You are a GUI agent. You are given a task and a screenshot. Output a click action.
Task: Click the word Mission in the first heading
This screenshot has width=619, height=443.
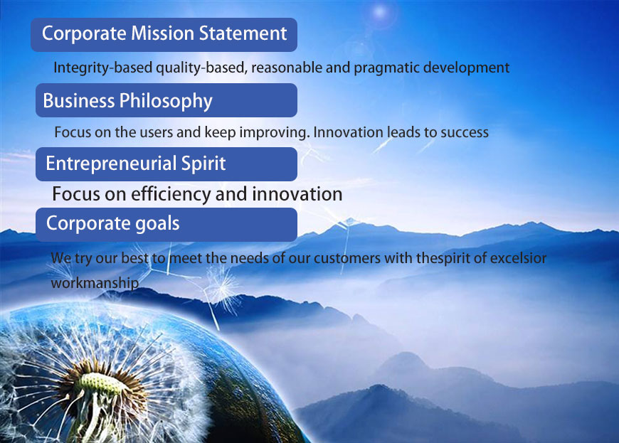162,33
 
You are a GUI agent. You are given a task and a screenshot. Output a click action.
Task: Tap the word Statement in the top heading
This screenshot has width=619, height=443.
243,33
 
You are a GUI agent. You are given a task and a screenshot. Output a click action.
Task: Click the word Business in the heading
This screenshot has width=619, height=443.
78,100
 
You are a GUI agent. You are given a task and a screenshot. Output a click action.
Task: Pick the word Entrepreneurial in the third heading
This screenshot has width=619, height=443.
111,164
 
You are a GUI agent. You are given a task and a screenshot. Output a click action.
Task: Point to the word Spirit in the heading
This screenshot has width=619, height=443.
203,164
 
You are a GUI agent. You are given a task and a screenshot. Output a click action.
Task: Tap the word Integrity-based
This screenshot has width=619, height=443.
103,68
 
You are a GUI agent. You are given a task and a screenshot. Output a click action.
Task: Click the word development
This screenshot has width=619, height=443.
466,68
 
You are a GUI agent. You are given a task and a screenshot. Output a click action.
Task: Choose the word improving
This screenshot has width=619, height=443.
275,132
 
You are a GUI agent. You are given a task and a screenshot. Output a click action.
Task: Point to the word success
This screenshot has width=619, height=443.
464,133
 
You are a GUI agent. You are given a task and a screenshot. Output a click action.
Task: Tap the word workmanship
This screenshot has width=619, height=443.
95,283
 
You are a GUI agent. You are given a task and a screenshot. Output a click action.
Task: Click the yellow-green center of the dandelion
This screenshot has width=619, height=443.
99,383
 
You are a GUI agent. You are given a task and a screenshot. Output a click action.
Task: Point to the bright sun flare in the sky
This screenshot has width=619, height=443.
380,12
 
